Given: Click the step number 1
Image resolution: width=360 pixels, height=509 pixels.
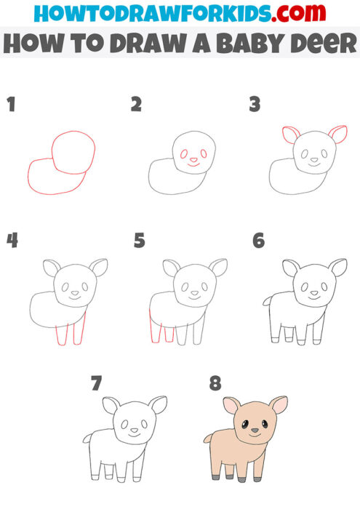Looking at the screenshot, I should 10,105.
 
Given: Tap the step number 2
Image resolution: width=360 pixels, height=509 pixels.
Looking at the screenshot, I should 136,105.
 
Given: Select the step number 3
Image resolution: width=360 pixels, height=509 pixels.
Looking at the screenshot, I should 255,105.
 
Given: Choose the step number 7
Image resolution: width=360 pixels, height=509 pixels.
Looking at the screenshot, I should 96,384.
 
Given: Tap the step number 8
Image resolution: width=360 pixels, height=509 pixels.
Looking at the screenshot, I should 216,384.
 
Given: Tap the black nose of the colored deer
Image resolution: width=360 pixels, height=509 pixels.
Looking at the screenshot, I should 254,430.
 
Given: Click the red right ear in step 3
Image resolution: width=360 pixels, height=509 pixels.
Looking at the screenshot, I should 337,133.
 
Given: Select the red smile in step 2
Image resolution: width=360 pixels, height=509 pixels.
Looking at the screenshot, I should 193,165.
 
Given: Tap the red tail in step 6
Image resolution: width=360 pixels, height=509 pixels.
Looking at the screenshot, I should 268,299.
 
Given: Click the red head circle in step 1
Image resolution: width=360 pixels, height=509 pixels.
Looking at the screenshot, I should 73,153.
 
